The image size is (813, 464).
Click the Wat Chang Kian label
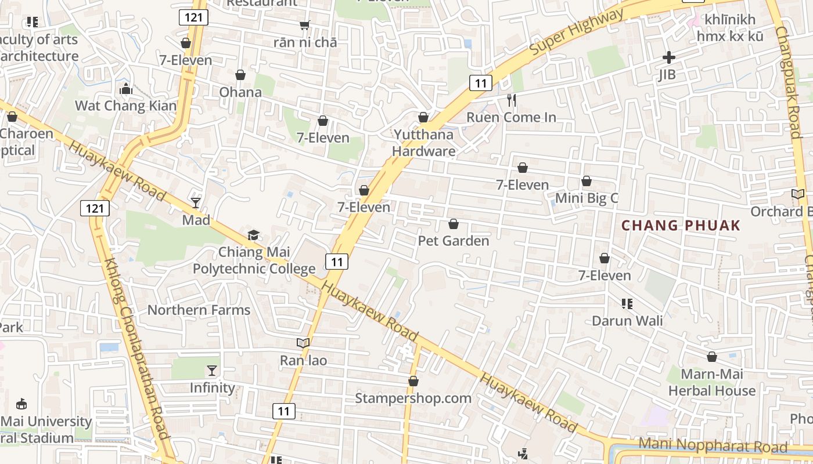coord(125,106)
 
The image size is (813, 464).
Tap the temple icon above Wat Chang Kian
coord(125,89)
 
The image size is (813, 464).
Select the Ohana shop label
coord(240,92)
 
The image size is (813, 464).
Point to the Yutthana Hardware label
coord(424,143)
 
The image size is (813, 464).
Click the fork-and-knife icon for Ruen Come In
coord(512,100)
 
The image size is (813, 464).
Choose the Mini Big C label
coord(587,198)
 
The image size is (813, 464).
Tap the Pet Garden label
coord(454,240)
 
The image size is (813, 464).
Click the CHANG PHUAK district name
coord(681,226)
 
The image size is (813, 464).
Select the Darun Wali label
coord(627,321)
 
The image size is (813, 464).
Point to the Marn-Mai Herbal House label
coord(712,382)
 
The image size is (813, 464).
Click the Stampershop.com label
coord(413,398)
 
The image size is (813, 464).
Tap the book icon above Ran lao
coord(303,343)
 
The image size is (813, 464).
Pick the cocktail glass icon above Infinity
coord(213,370)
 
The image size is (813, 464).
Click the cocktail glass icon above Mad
coord(196,202)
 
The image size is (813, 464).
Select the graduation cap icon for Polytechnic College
coord(254,235)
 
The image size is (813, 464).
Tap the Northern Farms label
coord(199,310)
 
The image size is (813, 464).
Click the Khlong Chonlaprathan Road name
coord(136,348)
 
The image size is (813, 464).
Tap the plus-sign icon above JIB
coord(669,57)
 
